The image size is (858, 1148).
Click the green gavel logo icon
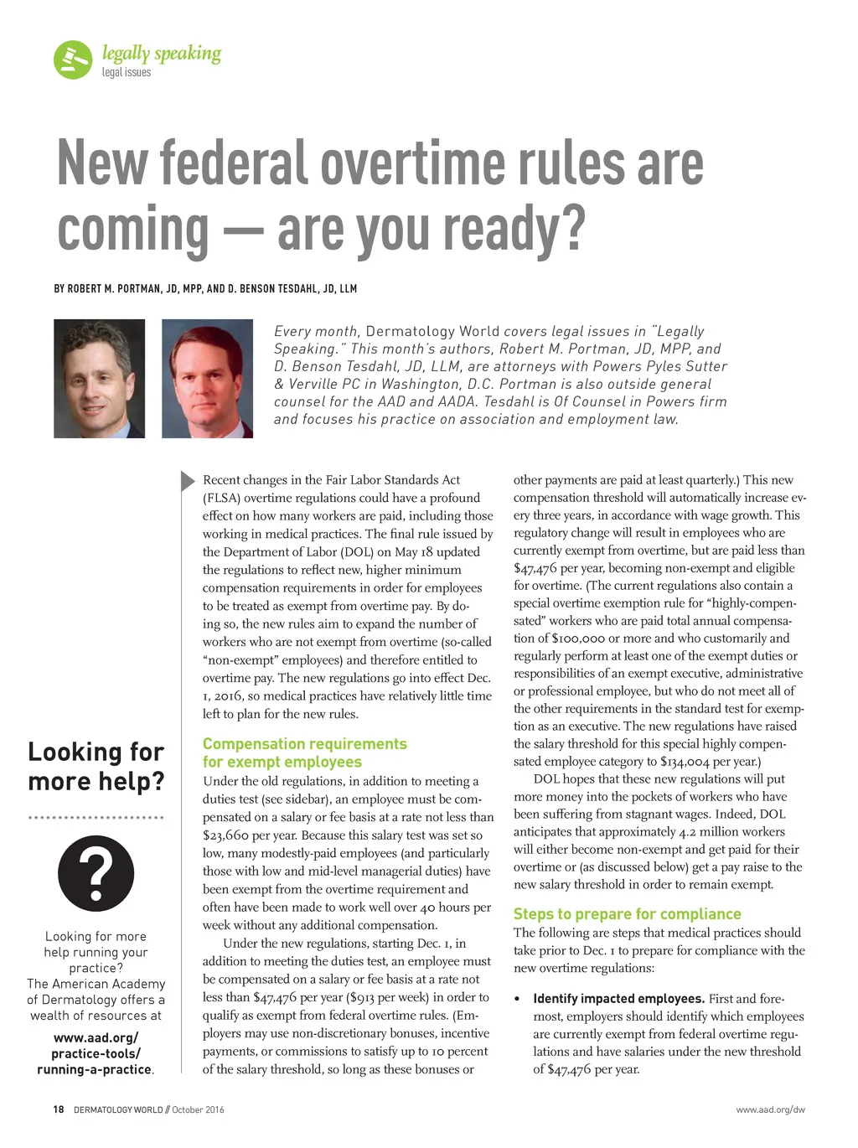73,60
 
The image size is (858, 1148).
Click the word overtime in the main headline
414,163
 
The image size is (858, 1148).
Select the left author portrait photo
99,379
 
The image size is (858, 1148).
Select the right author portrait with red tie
207,379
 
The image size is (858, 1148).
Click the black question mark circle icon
96,873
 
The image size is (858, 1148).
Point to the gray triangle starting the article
188,481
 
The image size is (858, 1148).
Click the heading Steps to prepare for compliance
627,914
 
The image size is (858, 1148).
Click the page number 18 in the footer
58,1109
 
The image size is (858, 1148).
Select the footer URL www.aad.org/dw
770,1109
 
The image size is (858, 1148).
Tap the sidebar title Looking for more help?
96,766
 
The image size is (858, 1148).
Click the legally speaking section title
162,54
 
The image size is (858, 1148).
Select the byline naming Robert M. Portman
205,289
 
